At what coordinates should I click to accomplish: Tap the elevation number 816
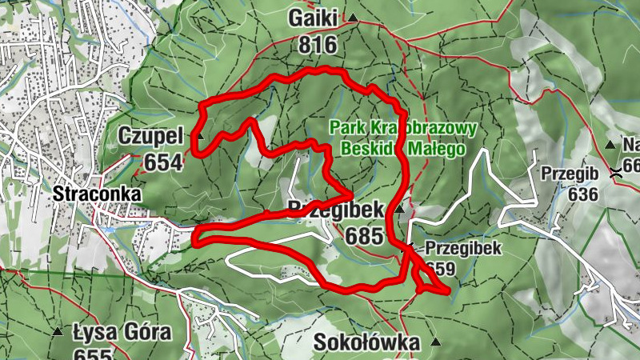(318, 45)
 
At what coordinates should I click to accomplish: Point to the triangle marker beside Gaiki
(353, 18)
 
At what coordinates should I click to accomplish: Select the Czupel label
(151, 135)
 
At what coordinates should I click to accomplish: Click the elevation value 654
(163, 162)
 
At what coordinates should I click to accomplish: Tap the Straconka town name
(98, 194)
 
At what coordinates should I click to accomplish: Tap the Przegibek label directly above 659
(463, 248)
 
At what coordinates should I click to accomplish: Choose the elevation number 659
(440, 269)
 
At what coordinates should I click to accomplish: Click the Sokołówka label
(367, 343)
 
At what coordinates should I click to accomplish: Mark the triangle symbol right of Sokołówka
(436, 342)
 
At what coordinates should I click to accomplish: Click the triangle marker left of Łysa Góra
(58, 331)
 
